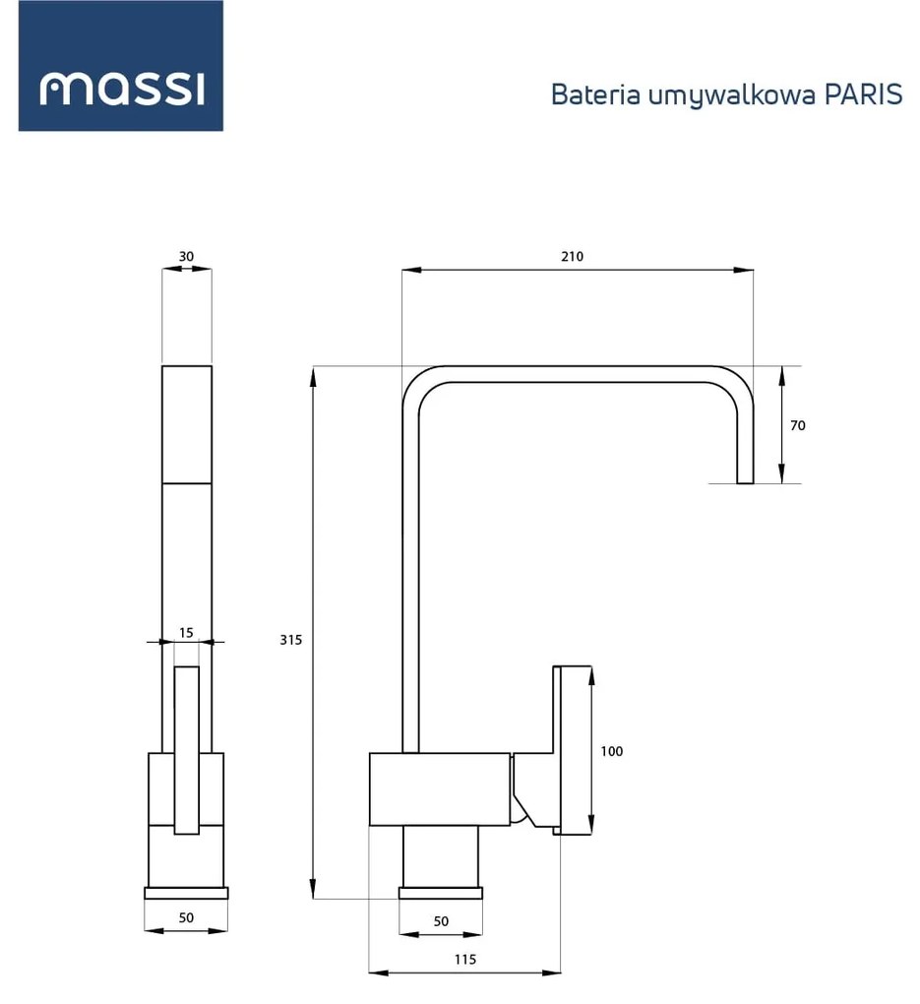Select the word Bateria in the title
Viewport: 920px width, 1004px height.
[x=585, y=94]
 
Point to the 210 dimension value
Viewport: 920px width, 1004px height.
[x=572, y=256]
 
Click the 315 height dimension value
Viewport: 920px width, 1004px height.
[x=290, y=639]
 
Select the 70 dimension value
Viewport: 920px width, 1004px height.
[x=797, y=425]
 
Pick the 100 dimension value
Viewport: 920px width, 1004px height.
[x=611, y=751]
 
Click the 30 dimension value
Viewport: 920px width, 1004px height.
[x=186, y=256]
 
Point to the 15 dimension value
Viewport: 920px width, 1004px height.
[x=186, y=632]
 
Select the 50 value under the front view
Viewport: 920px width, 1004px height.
[x=186, y=917]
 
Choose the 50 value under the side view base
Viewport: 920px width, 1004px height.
[x=441, y=921]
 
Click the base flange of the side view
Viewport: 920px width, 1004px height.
[x=441, y=893]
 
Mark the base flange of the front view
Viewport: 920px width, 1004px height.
[x=186, y=893]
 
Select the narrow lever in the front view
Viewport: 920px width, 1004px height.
[x=186, y=750]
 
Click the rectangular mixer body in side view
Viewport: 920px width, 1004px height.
[x=439, y=788]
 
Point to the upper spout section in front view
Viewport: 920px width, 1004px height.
[x=186, y=424]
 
